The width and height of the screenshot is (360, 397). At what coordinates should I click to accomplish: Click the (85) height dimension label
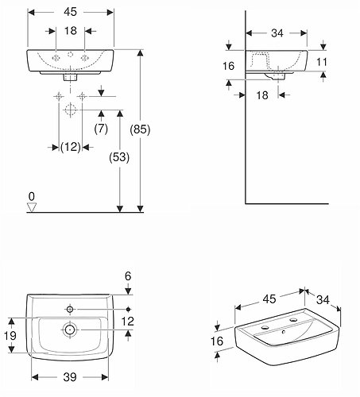(140, 129)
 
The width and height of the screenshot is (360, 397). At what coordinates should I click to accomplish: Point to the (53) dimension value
(119, 157)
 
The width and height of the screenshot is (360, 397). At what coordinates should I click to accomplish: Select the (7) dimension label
(101, 129)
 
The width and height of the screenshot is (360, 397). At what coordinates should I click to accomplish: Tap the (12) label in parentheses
(71, 147)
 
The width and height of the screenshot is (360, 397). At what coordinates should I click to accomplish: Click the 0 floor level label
(32, 196)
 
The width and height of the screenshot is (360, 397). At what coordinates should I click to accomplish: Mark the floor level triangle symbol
(32, 207)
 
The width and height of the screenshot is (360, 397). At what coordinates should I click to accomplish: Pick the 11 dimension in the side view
(322, 62)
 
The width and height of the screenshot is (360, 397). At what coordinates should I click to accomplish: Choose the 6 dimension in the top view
(128, 276)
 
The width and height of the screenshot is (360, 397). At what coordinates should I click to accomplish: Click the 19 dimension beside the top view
(10, 336)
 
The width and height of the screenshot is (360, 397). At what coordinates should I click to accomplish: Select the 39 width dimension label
(70, 377)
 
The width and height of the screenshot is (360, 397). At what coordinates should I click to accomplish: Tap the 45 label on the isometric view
(269, 299)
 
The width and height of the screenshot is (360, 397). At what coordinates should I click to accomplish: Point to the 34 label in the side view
(277, 33)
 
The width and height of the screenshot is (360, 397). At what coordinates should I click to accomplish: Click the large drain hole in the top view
(70, 330)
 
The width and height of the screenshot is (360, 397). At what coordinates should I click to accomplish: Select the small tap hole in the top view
(70, 309)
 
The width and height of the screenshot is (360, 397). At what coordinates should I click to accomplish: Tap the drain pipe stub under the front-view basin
(70, 77)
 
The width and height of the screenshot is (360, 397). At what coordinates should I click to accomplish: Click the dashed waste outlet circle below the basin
(70, 110)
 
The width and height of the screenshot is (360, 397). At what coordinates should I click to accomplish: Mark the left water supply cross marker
(59, 96)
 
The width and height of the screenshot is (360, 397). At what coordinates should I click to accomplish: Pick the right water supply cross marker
(82, 96)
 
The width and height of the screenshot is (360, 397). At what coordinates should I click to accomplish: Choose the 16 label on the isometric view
(217, 341)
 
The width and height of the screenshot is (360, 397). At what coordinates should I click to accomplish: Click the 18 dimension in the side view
(262, 95)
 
